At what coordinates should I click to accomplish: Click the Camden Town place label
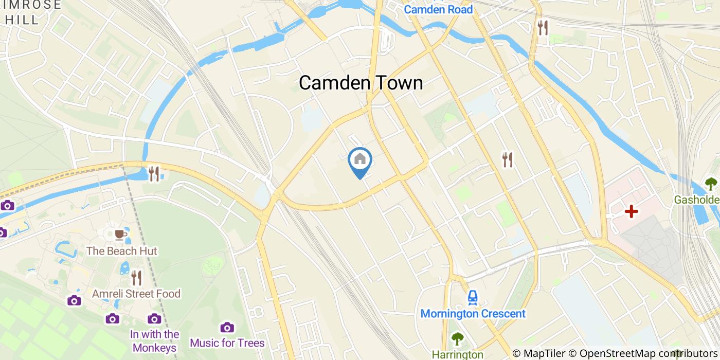pos(361,83)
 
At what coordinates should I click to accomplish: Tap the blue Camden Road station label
pos(438,9)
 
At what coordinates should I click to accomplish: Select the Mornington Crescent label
pos(473,314)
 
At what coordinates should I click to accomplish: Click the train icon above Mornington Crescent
pos(473,297)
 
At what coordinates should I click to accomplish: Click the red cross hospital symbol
pos(631,211)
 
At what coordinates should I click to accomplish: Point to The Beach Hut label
pos(122,251)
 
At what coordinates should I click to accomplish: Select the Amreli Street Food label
pos(136,294)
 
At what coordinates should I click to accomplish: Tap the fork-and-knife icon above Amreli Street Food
pos(136,278)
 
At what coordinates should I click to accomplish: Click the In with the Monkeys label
pos(154,340)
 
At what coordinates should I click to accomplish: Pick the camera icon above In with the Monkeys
pos(154,319)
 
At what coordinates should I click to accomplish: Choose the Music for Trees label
pos(227,343)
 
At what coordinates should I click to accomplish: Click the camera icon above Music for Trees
pos(227,327)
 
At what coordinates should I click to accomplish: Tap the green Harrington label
pos(457,354)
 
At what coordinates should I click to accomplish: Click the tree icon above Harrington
pos(457,339)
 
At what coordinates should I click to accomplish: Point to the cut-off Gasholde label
pos(697,200)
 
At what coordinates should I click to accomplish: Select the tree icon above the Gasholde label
pos(711,184)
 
